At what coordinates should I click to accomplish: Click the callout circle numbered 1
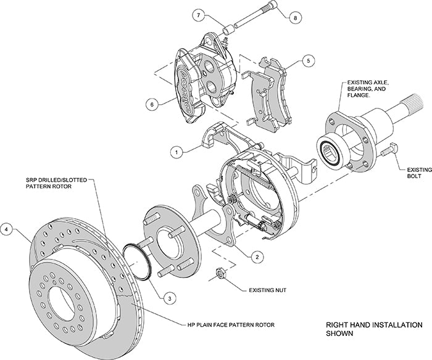click(x=176, y=150)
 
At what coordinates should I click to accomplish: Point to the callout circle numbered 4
click(x=7, y=230)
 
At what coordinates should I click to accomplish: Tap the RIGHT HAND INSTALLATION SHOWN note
click(x=373, y=329)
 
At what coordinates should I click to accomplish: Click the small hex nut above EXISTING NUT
click(x=219, y=273)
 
